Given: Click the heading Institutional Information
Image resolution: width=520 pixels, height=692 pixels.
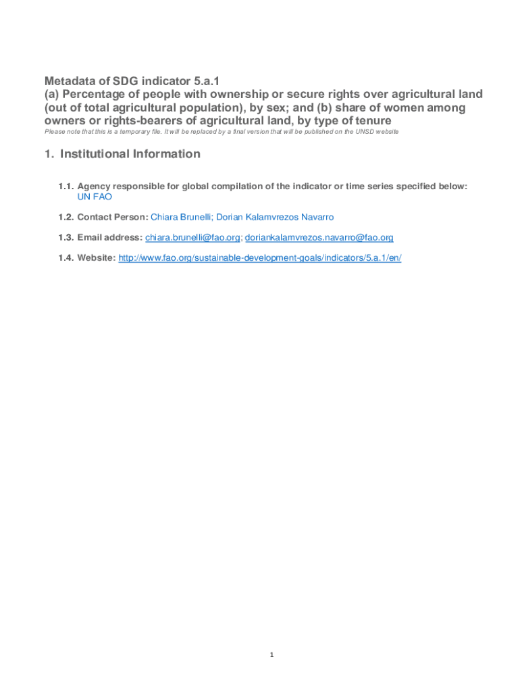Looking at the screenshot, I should coord(130,154).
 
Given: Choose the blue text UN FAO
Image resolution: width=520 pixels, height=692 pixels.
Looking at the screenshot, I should coord(95,197).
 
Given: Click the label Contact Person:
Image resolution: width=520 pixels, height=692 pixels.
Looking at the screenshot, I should coord(113,217).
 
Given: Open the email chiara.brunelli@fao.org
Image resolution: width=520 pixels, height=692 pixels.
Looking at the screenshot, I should coord(192,237).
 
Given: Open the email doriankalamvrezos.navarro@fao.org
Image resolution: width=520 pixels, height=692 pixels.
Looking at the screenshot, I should coord(319,237).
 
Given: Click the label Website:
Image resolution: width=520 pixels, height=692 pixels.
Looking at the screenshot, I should coord(97,257).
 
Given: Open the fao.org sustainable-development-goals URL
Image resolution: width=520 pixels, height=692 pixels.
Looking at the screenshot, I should coord(260,257).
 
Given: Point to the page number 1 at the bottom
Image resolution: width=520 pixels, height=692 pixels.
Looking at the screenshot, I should coord(271,654).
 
